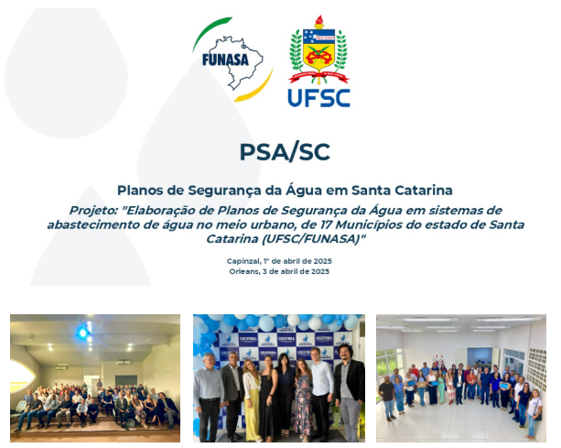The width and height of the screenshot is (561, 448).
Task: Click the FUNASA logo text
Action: pos(225,60)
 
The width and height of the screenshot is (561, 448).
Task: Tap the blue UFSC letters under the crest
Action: pos(318,98)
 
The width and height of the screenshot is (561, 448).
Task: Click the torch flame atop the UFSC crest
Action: pos(318,19)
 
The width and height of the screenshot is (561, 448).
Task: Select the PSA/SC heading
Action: pos(285,152)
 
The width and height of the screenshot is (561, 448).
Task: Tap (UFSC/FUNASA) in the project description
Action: pos(311,239)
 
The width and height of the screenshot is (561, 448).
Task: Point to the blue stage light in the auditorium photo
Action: pos(83,333)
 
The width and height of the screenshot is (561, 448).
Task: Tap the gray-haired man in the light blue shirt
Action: pos(208,397)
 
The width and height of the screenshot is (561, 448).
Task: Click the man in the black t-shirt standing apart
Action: pos(387,398)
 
